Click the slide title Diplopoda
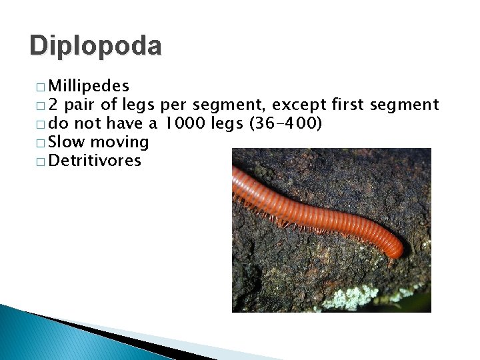point(95,46)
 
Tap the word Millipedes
point(89,86)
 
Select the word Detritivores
point(95,161)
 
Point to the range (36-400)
point(286,123)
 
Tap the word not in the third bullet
point(86,123)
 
